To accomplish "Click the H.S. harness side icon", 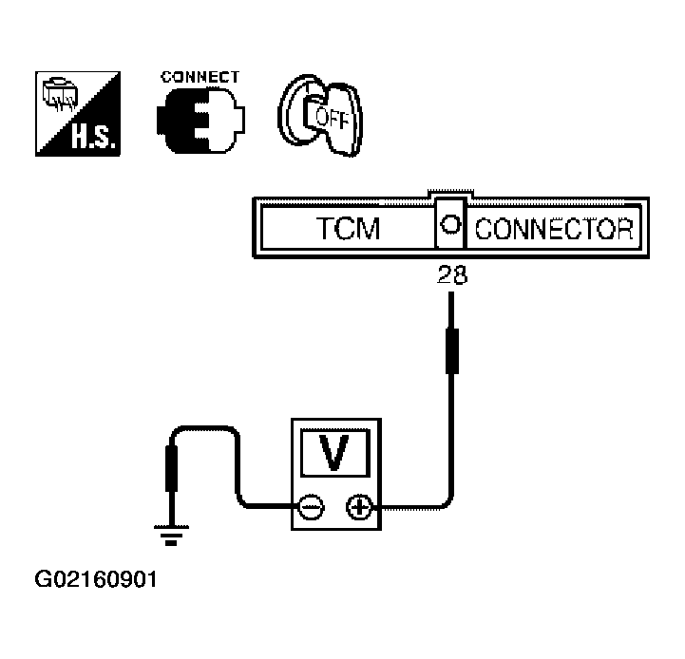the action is tap(78, 114).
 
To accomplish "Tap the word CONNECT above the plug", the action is tap(200, 77).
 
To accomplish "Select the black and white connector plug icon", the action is tap(200, 120).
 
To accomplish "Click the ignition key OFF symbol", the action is tap(320, 115).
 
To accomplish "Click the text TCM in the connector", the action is tap(348, 228).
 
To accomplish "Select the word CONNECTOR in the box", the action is tap(554, 229).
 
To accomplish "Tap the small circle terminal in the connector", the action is tap(450, 224).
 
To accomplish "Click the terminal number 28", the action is tap(452, 275).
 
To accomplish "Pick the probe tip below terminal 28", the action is tap(451, 311).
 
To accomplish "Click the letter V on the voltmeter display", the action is tap(334, 453).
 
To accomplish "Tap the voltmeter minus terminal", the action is tap(311, 508).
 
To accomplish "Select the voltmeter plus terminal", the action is tap(359, 507).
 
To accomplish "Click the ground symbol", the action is tap(171, 536).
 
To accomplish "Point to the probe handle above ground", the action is tap(172, 468).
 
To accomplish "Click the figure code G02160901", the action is tap(96, 579).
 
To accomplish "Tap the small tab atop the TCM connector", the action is tap(450, 194).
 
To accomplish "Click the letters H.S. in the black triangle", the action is tap(94, 136).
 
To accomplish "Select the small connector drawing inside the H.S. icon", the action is tap(60, 95).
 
